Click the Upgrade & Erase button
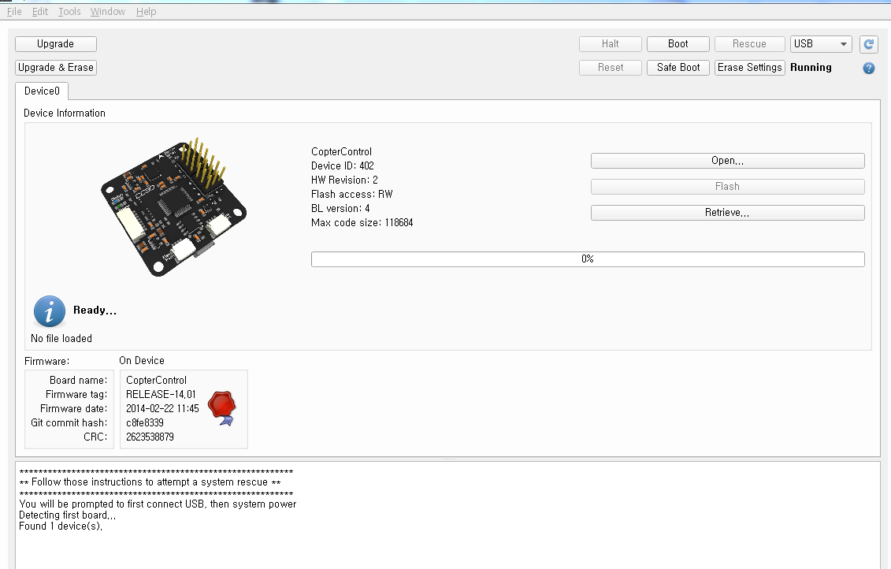[56, 68]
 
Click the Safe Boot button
[678, 68]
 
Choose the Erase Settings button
[749, 68]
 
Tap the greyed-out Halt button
[611, 44]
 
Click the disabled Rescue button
[749, 44]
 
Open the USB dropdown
[821, 44]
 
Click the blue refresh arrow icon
[869, 44]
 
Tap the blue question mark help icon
[869, 69]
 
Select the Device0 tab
[42, 91]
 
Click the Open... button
[727, 161]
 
